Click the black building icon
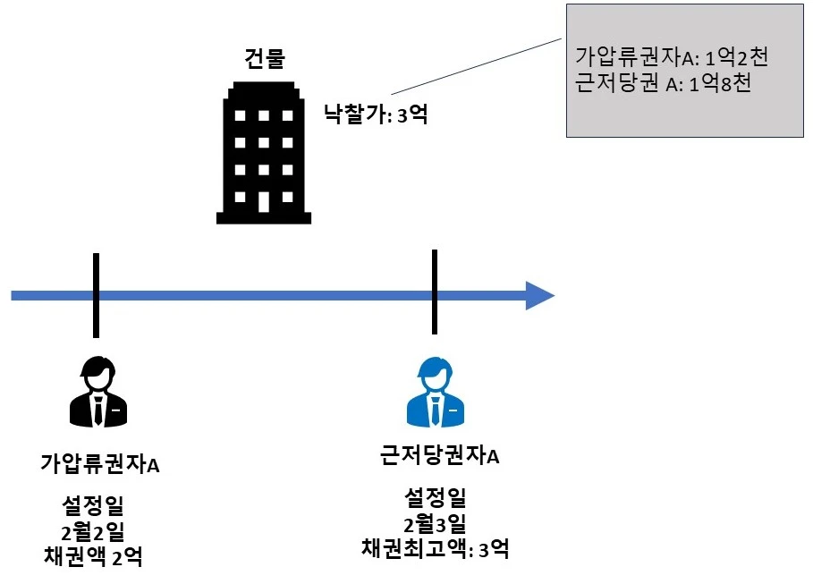point(265,153)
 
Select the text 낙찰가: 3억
point(376,114)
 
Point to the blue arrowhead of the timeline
point(539,295)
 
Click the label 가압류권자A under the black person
point(100,465)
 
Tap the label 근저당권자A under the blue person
point(438,458)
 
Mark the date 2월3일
point(435,523)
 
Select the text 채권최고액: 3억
point(436,548)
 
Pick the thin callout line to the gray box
point(479,66)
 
